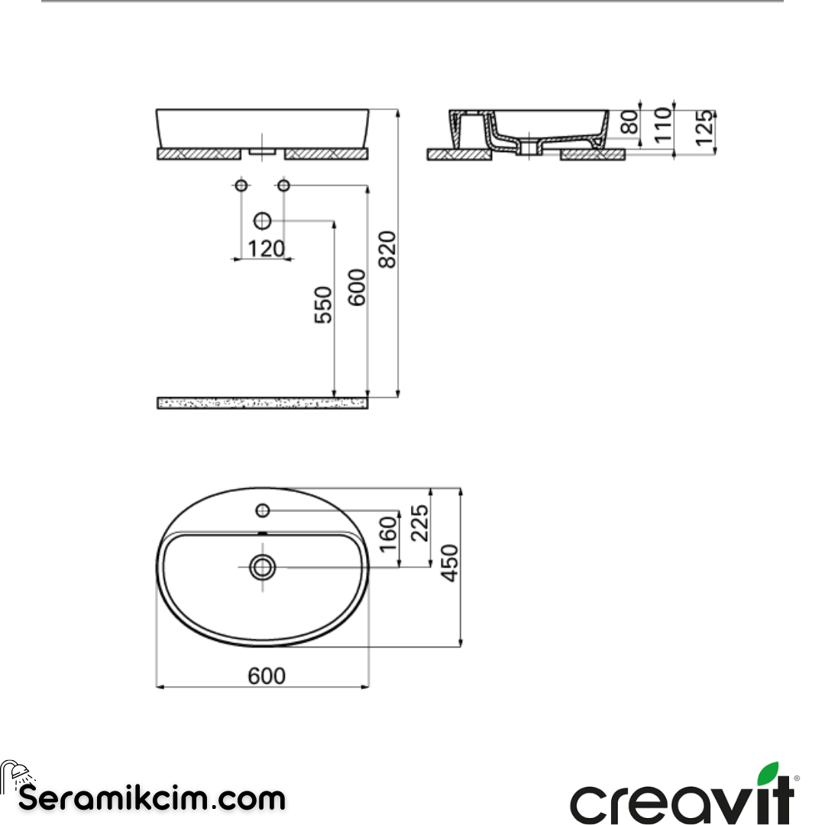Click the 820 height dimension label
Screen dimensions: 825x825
click(387, 249)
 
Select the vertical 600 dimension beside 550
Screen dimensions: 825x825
click(357, 287)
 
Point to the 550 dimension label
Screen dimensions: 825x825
click(324, 305)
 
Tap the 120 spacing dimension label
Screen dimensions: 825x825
click(266, 249)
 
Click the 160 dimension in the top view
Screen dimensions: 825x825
click(388, 534)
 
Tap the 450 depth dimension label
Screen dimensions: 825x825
click(451, 563)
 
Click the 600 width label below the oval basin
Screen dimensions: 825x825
click(267, 676)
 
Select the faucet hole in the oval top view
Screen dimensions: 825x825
click(262, 510)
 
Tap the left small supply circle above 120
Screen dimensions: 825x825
click(241, 186)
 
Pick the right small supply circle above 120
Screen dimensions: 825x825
click(283, 186)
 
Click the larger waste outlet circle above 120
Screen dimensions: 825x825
click(263, 222)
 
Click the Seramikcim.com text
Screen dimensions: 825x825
click(151, 799)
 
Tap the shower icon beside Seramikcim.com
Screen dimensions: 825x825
click(14, 775)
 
